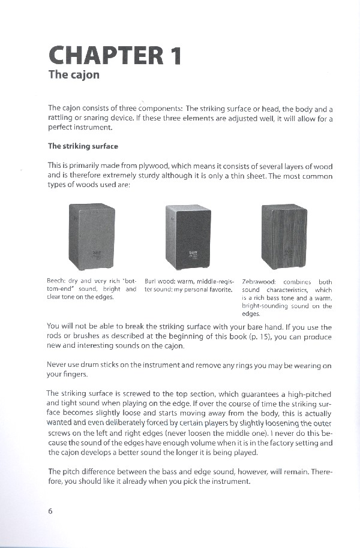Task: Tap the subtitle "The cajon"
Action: point(73,76)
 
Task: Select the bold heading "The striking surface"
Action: point(83,146)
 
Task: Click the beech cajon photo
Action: point(91,237)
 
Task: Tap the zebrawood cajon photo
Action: point(284,237)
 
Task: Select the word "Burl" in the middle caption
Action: point(151,281)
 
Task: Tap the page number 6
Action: point(50,511)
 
